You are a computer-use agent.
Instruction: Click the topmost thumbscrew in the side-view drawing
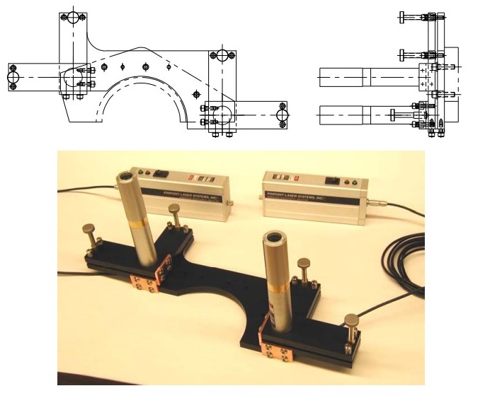point(404,17)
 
